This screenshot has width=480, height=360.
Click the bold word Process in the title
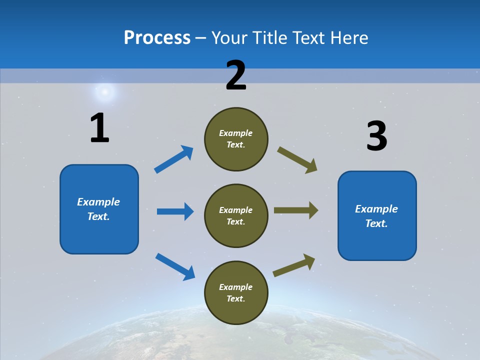click(x=157, y=37)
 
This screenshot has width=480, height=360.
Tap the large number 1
click(x=99, y=128)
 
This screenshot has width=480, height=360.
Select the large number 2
click(x=236, y=75)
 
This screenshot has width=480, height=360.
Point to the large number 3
click(x=376, y=136)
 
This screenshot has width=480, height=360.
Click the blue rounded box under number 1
click(x=99, y=209)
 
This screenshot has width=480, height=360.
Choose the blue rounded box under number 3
click(x=377, y=215)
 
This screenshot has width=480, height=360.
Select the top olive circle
click(x=236, y=139)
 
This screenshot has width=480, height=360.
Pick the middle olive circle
click(x=236, y=215)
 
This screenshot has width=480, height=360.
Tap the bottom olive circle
click(x=236, y=292)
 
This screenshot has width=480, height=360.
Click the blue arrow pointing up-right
click(x=174, y=159)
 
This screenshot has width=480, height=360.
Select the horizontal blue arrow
click(x=175, y=211)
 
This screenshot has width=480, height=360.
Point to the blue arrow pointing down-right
click(x=175, y=266)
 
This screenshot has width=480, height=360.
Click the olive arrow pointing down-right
click(x=297, y=160)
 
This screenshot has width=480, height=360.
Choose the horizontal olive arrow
click(x=296, y=210)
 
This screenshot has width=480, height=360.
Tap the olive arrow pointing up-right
click(x=294, y=265)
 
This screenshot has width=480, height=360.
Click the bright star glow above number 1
click(x=105, y=91)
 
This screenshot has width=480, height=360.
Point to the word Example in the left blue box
click(x=98, y=202)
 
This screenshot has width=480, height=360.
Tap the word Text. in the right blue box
click(x=376, y=223)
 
